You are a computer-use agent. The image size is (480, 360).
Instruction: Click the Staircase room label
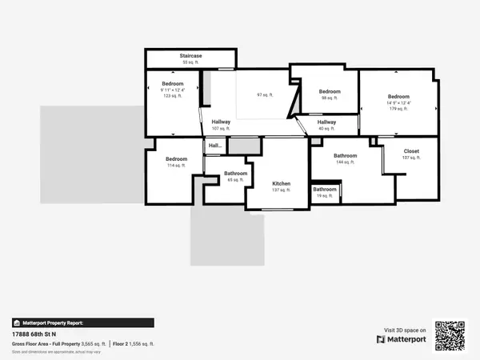190,56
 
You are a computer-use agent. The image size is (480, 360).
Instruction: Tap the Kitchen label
280,184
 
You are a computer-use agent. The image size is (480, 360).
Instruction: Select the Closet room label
411,150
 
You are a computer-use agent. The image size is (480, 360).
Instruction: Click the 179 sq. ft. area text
399,109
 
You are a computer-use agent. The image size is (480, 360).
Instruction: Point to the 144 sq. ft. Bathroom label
345,155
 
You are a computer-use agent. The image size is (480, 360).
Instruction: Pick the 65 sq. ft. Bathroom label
235,174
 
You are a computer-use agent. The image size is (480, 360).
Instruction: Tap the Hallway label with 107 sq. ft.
221,122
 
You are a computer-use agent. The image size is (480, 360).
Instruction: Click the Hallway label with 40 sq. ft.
326,122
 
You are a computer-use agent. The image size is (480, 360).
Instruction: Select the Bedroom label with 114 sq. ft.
176,159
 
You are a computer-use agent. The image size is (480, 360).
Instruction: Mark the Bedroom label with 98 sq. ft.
330,91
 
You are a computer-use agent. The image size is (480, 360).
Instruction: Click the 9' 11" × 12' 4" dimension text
173,90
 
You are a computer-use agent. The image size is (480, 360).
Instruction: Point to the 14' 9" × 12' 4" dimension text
399,102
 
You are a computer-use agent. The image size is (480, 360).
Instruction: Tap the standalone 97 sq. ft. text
265,94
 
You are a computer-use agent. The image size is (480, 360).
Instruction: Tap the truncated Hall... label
215,146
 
